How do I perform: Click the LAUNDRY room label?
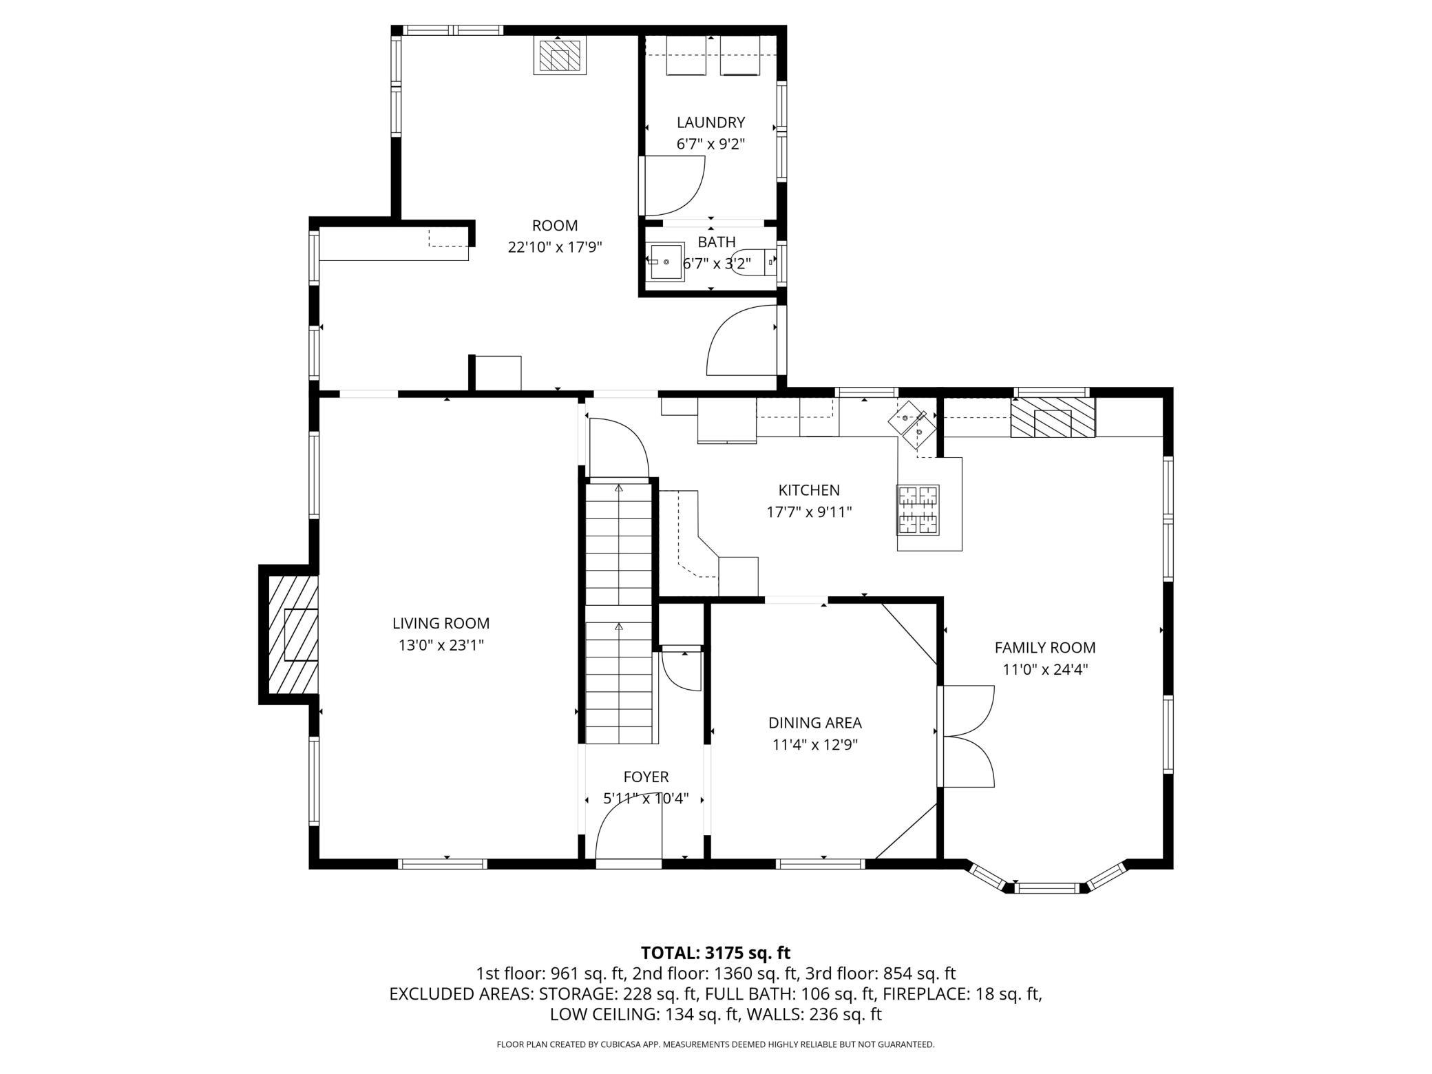(x=710, y=123)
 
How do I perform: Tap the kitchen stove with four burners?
(x=918, y=509)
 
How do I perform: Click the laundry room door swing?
(x=671, y=186)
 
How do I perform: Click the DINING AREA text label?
(x=815, y=723)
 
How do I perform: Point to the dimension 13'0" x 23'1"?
(x=441, y=645)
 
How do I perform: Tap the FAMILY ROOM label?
(x=1045, y=647)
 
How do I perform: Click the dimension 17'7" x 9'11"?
(x=810, y=512)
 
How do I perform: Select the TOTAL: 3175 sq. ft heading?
(x=716, y=953)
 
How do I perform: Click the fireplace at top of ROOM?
(x=560, y=55)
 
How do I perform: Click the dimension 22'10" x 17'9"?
(x=555, y=247)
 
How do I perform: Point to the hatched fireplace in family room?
(x=1053, y=417)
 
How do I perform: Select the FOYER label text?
(x=646, y=777)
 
